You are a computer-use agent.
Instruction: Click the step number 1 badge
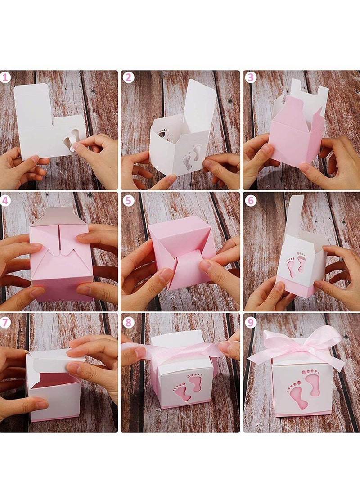pyautogui.click(x=5, y=77)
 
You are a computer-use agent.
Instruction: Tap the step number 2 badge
pyautogui.click(x=129, y=77)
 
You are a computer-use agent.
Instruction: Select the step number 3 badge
pyautogui.click(x=251, y=77)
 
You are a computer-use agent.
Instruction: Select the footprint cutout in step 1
pyautogui.click(x=70, y=141)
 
